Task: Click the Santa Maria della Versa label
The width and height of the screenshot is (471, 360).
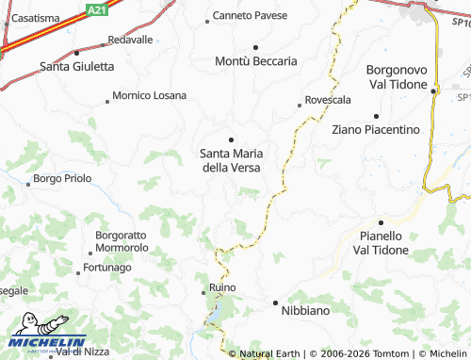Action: click(232, 160)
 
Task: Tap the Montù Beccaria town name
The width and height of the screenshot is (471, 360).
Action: click(256, 60)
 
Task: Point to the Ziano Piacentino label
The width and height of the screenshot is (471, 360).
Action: click(376, 129)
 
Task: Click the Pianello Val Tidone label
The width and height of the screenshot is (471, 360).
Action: click(381, 242)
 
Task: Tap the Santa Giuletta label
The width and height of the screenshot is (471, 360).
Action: click(77, 66)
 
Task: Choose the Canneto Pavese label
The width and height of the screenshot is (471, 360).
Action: click(250, 16)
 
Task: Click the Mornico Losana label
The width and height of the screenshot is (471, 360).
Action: click(149, 95)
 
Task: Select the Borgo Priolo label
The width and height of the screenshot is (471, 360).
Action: click(62, 178)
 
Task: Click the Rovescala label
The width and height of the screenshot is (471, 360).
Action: click(325, 100)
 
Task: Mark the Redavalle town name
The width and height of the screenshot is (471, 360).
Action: click(130, 40)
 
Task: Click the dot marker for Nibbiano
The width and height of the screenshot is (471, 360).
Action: click(275, 303)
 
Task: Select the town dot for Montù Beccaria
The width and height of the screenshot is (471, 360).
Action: click(255, 46)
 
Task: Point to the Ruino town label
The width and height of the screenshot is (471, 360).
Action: click(222, 286)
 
